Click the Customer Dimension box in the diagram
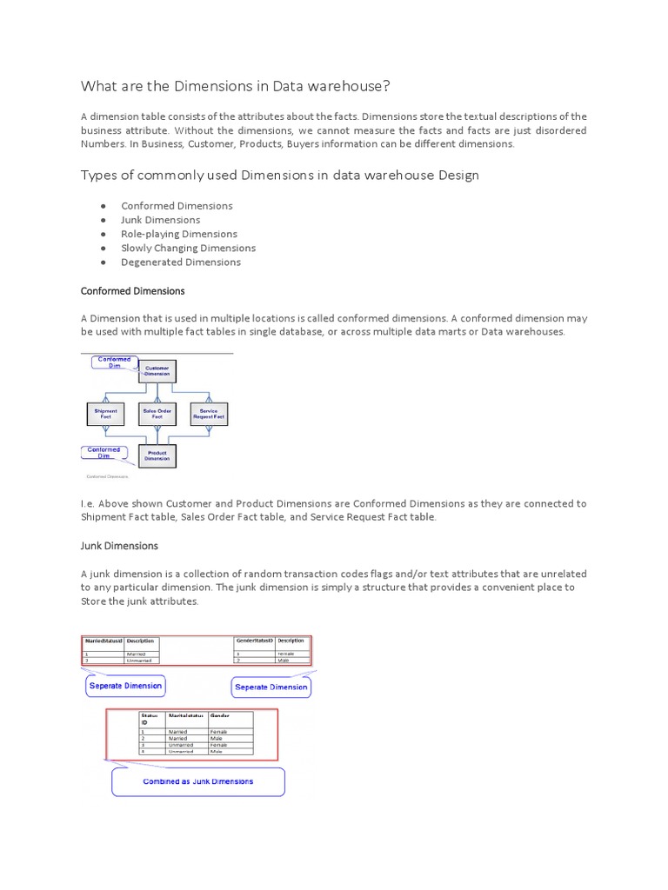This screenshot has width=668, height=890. [x=157, y=372]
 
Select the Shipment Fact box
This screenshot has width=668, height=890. [x=106, y=414]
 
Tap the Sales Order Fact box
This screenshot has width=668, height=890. [x=157, y=414]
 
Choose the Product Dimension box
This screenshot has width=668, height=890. [x=157, y=456]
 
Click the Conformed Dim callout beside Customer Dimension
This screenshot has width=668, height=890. [x=114, y=362]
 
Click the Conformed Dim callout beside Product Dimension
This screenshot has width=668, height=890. [x=104, y=453]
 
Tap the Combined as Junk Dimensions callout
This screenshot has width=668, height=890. [x=198, y=781]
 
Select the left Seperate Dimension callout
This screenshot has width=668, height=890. [x=125, y=686]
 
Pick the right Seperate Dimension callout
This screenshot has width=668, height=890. [x=271, y=687]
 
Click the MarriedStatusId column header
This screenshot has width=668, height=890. [x=104, y=641]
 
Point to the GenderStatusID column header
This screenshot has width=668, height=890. [x=255, y=641]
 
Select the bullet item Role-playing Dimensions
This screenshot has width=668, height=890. [x=179, y=234]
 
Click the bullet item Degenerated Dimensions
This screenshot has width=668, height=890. [x=181, y=262]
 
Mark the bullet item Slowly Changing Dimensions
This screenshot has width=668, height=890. [x=188, y=248]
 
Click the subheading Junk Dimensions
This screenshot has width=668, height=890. [x=119, y=546]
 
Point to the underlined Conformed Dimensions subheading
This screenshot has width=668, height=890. [x=132, y=291]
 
